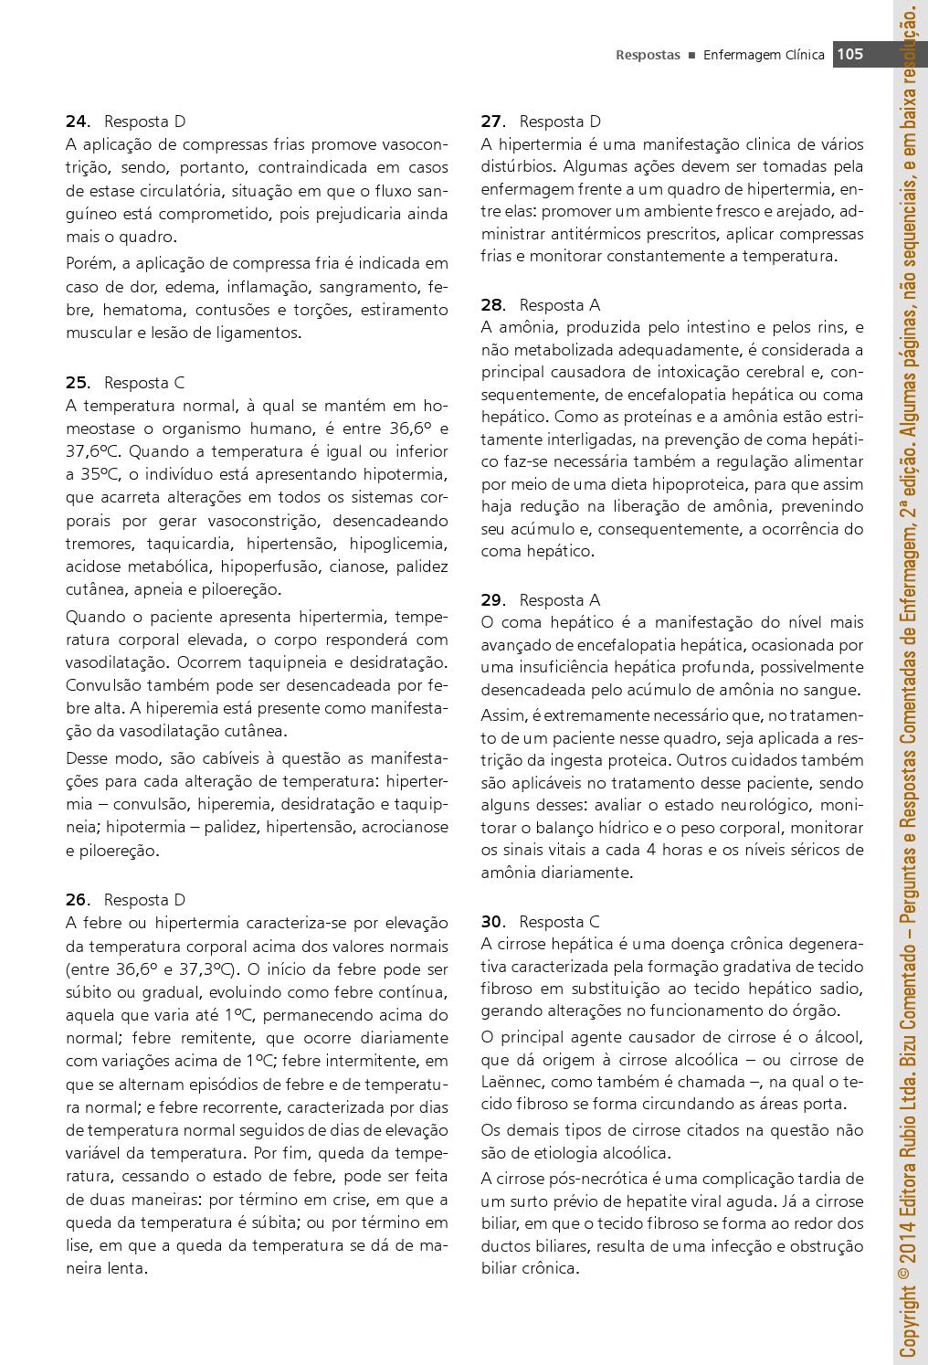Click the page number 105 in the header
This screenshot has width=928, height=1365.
point(850,54)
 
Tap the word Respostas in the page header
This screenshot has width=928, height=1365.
point(648,55)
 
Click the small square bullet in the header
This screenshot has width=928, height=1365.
point(692,56)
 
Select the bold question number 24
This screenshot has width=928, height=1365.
point(77,122)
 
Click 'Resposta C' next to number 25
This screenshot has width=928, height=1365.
point(144,383)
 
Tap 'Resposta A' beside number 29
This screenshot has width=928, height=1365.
point(559,600)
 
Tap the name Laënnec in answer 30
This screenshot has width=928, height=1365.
point(515,1083)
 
